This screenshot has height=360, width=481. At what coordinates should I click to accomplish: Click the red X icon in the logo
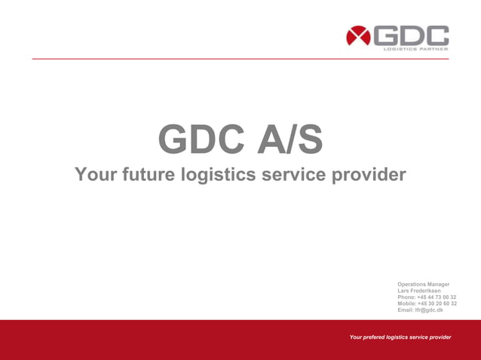(358, 36)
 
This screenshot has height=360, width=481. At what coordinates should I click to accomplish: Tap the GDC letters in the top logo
(411, 35)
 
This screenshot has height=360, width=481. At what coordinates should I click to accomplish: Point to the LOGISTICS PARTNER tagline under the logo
(415, 49)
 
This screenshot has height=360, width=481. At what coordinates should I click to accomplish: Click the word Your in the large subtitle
(93, 175)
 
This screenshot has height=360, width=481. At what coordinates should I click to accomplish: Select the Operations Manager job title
(423, 284)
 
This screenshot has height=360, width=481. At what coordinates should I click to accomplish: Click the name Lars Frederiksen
(419, 291)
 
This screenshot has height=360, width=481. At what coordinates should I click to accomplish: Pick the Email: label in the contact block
(406, 310)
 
